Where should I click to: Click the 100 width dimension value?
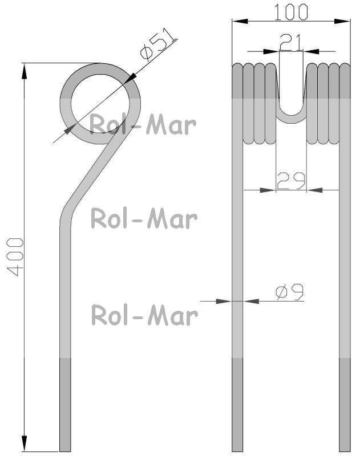point(291,12)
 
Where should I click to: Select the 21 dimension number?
point(291,43)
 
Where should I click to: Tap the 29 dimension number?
point(291,181)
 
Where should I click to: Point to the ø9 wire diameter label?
point(290,292)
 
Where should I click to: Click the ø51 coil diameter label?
point(158,44)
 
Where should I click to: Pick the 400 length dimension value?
point(15,257)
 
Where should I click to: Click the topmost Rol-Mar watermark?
point(143,125)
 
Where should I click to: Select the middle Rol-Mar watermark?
point(144,218)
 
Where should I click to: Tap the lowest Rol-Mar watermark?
point(145,315)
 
